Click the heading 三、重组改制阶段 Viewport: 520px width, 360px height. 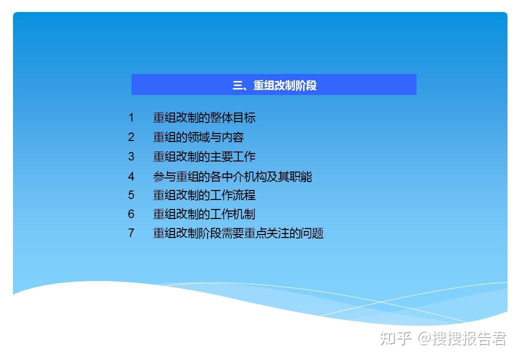[x=274, y=85]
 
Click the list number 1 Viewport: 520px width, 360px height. [x=131, y=117]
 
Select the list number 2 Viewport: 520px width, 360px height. [x=131, y=137]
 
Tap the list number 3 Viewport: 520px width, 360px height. [x=131, y=156]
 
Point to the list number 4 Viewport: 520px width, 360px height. [x=131, y=176]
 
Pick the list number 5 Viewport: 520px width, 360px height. [x=131, y=195]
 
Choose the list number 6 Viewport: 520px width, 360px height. [x=131, y=214]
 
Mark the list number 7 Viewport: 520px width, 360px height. [x=131, y=233]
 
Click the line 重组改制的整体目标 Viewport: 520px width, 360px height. [x=204, y=117]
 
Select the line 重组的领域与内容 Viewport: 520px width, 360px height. [x=198, y=137]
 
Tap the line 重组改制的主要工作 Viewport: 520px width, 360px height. [x=204, y=156]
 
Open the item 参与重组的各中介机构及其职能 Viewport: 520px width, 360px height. [x=232, y=176]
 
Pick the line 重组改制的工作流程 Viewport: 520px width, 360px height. [x=204, y=195]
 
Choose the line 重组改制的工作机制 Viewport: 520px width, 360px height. [x=204, y=214]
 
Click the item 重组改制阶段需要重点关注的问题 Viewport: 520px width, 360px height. [x=238, y=233]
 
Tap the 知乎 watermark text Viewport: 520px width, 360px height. [x=395, y=338]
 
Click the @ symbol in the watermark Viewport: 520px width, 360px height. [x=425, y=338]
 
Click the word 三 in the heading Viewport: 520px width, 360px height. [x=237, y=85]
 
